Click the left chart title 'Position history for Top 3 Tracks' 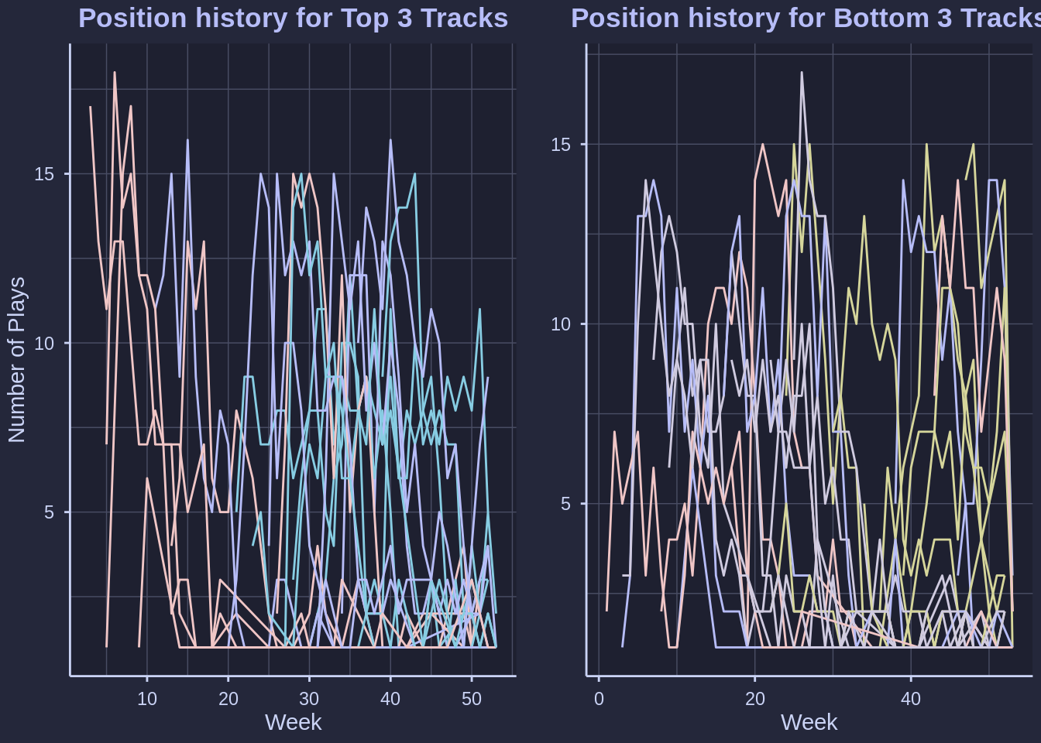(x=293, y=18)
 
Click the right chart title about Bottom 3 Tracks (x=806, y=18)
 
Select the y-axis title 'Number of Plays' (x=16, y=360)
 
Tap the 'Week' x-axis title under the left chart (x=293, y=722)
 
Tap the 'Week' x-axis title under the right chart (x=809, y=722)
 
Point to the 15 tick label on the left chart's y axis (x=44, y=174)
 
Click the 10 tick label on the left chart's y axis (x=44, y=343)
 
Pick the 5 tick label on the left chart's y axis (x=49, y=512)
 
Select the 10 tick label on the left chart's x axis (x=147, y=699)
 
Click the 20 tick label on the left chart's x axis (x=228, y=699)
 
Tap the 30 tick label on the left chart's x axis (x=309, y=699)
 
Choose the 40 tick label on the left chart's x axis (x=390, y=699)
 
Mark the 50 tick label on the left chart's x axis (x=472, y=699)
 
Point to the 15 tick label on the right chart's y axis (x=561, y=145)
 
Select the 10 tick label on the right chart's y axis (x=561, y=324)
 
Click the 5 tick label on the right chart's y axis (x=565, y=504)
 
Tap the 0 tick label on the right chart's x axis (x=599, y=699)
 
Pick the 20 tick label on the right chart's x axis (x=755, y=699)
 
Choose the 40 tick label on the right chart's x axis (x=911, y=699)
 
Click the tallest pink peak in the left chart (x=115, y=73)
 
